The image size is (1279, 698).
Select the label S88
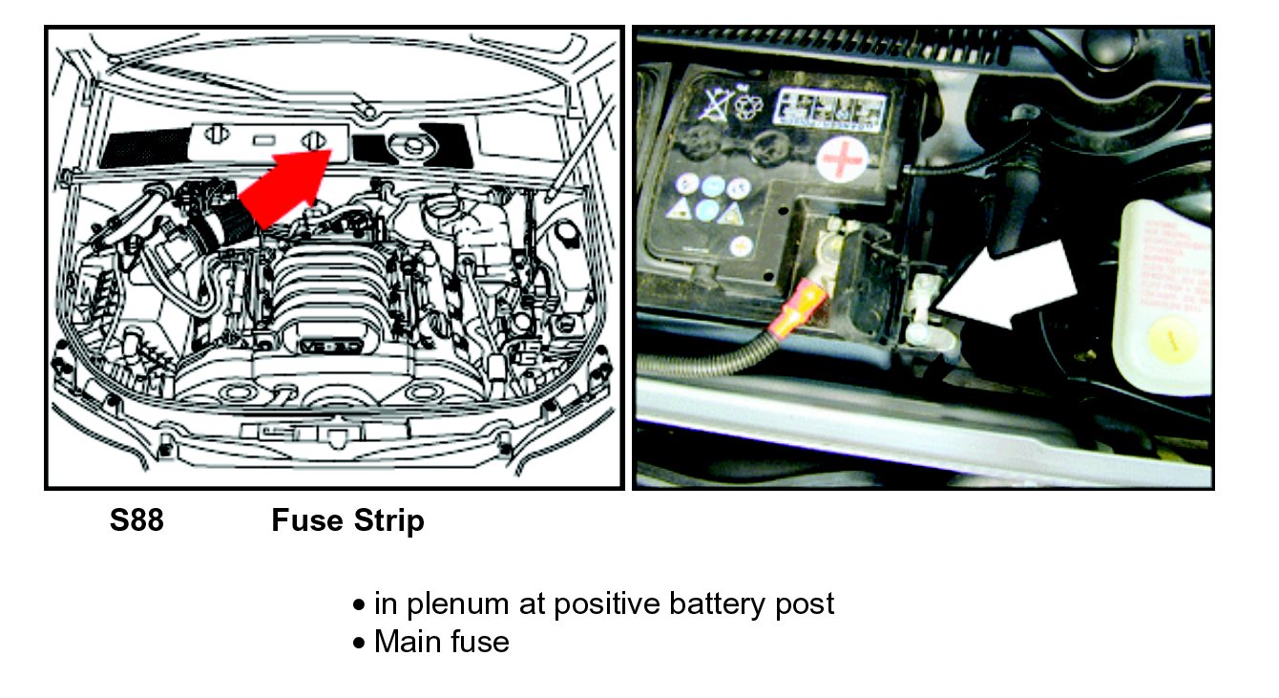pos(136,521)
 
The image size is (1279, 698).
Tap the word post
pos(803,603)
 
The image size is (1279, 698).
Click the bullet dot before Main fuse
pos(359,643)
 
